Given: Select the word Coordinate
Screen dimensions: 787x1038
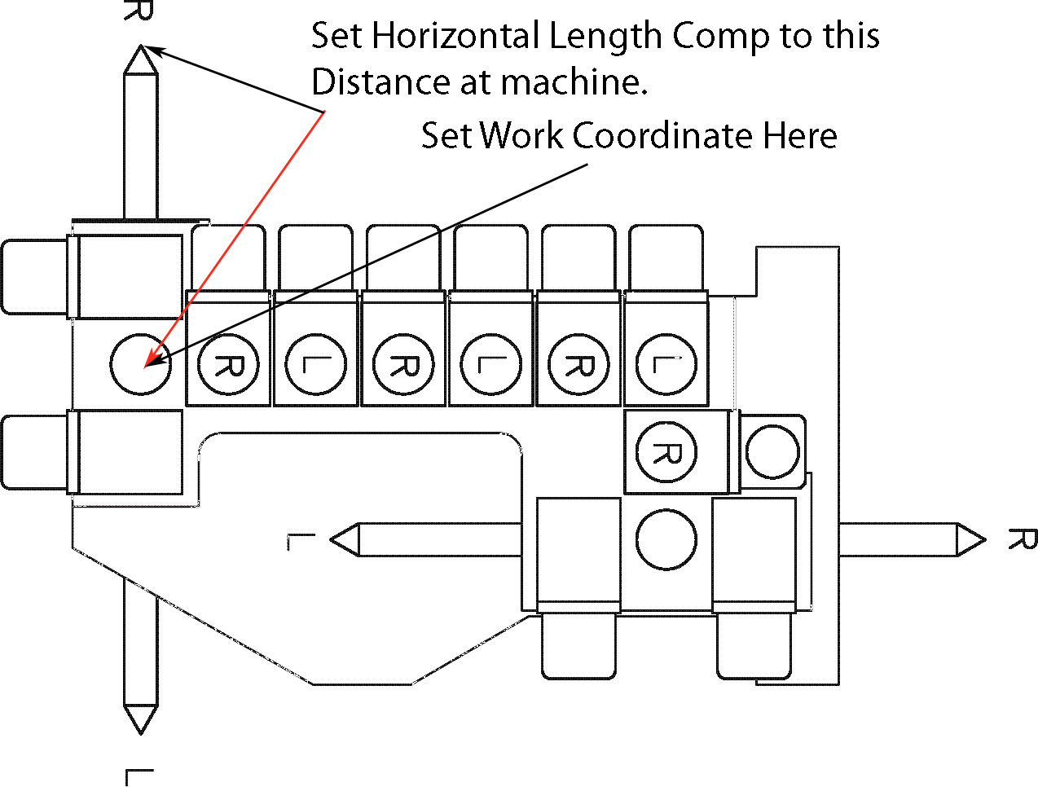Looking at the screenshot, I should coord(664,135).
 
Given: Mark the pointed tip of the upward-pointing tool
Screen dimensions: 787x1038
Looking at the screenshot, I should coord(140,46).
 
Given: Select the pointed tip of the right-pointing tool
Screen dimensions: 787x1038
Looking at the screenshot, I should coord(983,539).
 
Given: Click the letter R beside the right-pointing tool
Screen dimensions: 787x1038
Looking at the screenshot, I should coord(1022,539).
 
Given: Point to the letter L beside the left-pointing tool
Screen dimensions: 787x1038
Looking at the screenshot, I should coord(301,542).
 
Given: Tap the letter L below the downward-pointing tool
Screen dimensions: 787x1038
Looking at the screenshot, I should coord(139,776).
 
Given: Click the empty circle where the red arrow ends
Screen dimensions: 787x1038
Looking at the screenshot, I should coord(140,364).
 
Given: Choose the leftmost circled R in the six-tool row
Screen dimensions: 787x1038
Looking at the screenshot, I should coord(228,364).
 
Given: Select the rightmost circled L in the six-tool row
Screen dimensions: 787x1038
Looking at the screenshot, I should coord(666,364).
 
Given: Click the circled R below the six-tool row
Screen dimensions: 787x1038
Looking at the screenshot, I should coord(666,452).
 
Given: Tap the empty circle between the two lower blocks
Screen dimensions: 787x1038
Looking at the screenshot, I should coord(666,539).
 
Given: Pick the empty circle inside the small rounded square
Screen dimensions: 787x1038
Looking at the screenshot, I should coord(772,451).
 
